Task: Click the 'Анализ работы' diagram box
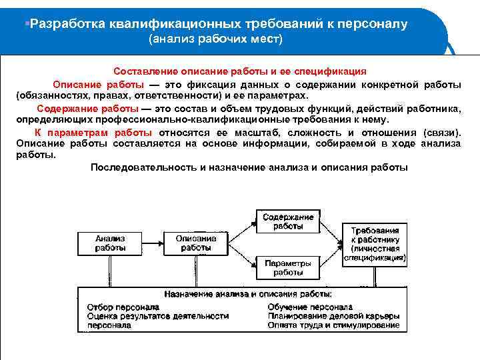(110, 243)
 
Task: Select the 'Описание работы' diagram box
(196, 243)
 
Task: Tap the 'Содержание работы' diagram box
(287, 222)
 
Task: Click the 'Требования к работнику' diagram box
(375, 243)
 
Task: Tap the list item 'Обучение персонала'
(310, 307)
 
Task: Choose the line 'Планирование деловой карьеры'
(333, 316)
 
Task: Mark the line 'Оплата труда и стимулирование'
(333, 325)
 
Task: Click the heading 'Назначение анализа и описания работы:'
(248, 294)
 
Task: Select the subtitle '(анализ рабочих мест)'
(215, 40)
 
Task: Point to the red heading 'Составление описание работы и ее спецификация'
(240, 71)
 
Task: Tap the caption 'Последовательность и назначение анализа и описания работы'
(249, 167)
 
